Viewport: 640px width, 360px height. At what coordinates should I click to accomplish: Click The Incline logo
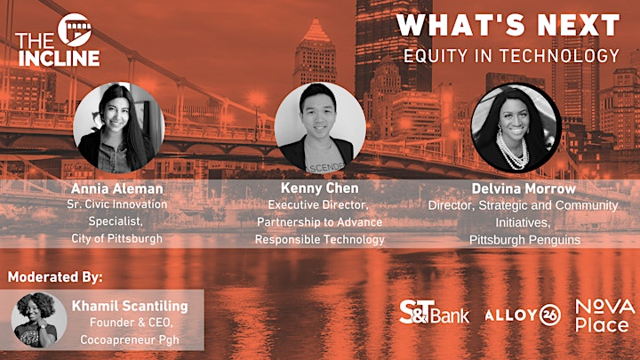coord(58,40)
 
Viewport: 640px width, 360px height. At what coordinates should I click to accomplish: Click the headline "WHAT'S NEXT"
coord(508,25)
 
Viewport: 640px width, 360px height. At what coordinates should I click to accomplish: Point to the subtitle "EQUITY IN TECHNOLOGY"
coord(512,56)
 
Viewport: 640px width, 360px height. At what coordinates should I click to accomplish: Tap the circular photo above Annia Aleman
coord(119,127)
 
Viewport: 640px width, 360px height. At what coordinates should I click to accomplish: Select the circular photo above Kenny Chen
coord(320,128)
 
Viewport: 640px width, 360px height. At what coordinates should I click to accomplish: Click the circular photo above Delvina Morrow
coord(516,128)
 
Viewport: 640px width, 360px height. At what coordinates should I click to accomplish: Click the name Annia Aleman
coord(117,188)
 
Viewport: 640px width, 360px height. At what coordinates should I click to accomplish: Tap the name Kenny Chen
coord(320,188)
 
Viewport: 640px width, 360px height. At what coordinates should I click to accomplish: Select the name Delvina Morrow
coord(524,188)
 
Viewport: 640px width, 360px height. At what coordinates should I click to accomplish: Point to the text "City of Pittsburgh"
coord(117,238)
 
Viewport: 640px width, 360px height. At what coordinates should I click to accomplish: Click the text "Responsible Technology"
coord(320,239)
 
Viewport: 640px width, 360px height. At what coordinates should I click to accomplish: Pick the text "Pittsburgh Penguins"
coord(524,240)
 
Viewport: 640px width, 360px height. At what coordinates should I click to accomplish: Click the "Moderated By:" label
coord(55,277)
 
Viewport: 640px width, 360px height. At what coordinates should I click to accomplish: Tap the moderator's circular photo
coord(39,320)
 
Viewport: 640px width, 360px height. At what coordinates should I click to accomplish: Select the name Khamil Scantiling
coord(130,306)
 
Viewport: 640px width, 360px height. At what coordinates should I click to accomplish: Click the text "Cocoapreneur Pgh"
coord(130,340)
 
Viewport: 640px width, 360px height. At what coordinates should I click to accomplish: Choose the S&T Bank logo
coord(435,313)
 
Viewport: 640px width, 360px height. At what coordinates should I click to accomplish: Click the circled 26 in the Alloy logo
coord(550,316)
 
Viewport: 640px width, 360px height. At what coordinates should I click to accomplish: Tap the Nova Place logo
coord(605,316)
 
